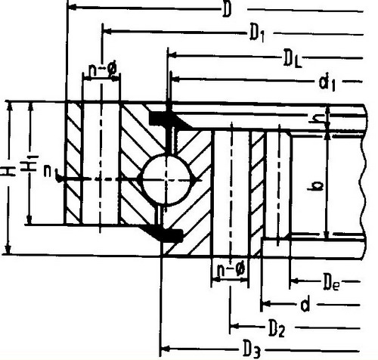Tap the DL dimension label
[x=293, y=59]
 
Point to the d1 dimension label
[x=327, y=82]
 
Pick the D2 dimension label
[x=277, y=328]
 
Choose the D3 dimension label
[x=250, y=349]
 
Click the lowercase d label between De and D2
[x=305, y=305]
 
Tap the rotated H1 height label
[x=29, y=163]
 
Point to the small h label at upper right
[x=316, y=118]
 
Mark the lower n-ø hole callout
[x=231, y=270]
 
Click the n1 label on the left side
[x=51, y=172]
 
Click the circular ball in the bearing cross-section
[x=166, y=179]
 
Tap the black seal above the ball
[x=169, y=120]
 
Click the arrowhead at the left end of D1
[x=108, y=31]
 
